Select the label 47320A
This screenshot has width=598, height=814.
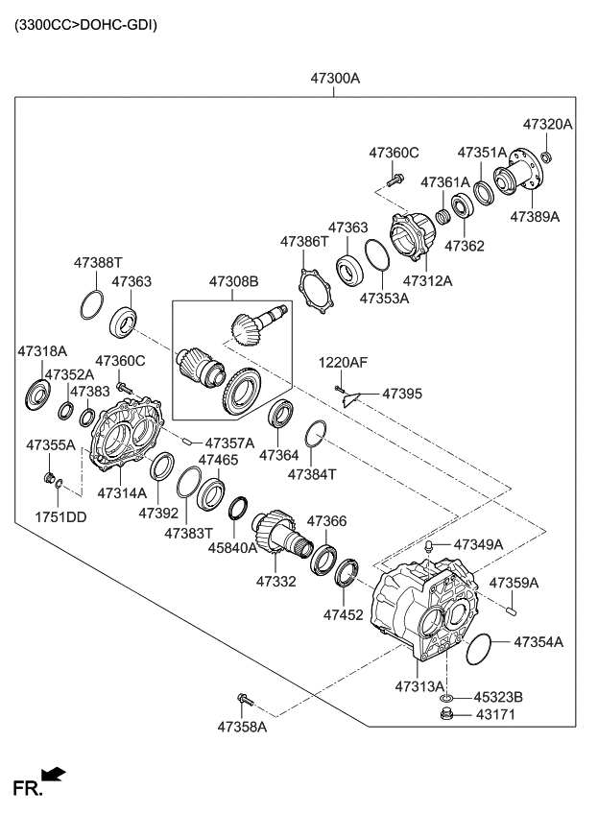[x=547, y=124]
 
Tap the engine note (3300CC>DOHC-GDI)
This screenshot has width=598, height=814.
[x=85, y=24]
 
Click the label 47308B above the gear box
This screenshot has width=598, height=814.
[x=234, y=282]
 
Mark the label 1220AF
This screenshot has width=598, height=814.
[x=344, y=362]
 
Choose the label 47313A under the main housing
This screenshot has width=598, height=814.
[x=419, y=686]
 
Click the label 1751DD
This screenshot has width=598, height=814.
[x=61, y=516]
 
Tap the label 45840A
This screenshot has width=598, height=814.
[x=233, y=548]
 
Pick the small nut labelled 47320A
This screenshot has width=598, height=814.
[x=546, y=156]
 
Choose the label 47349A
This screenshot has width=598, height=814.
[x=477, y=544]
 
